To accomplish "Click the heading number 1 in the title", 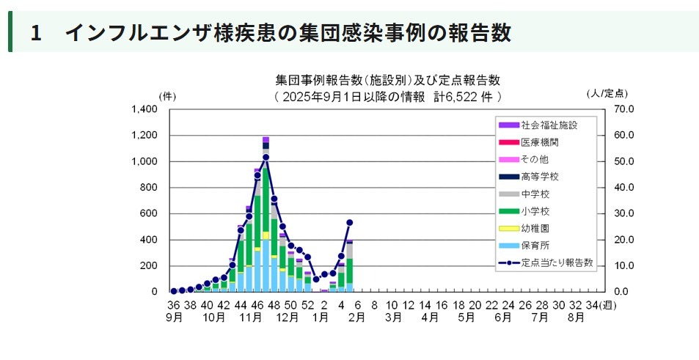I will coord(35,33).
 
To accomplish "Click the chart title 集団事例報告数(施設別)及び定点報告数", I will coord(387,80).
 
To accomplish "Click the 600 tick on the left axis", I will coord(149,213).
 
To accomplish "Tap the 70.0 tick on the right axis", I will coord(614,109).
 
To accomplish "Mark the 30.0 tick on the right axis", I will coord(614,213).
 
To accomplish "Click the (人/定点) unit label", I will coord(607,94).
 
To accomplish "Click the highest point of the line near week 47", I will coord(266,157).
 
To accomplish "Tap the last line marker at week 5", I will coord(350,222).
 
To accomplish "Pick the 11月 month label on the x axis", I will coord(250,317).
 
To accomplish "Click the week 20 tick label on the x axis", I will coord(475,305).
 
